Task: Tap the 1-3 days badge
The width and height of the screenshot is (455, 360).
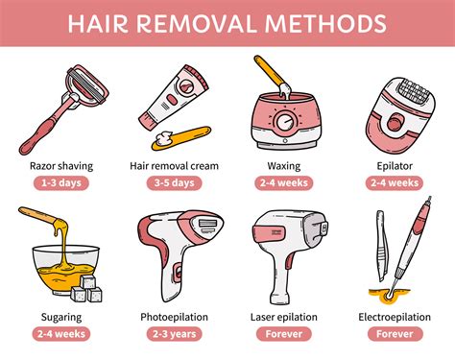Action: pyautogui.click(x=61, y=182)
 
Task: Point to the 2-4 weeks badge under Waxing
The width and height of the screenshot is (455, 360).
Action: pyautogui.click(x=284, y=182)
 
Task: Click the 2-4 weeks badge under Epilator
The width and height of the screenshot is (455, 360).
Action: pyautogui.click(x=395, y=182)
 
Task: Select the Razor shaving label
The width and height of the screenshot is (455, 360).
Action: pyautogui.click(x=61, y=165)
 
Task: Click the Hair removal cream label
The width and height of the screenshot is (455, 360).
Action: pyautogui.click(x=174, y=165)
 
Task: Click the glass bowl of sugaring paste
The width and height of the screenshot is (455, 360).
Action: pyautogui.click(x=53, y=264)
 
